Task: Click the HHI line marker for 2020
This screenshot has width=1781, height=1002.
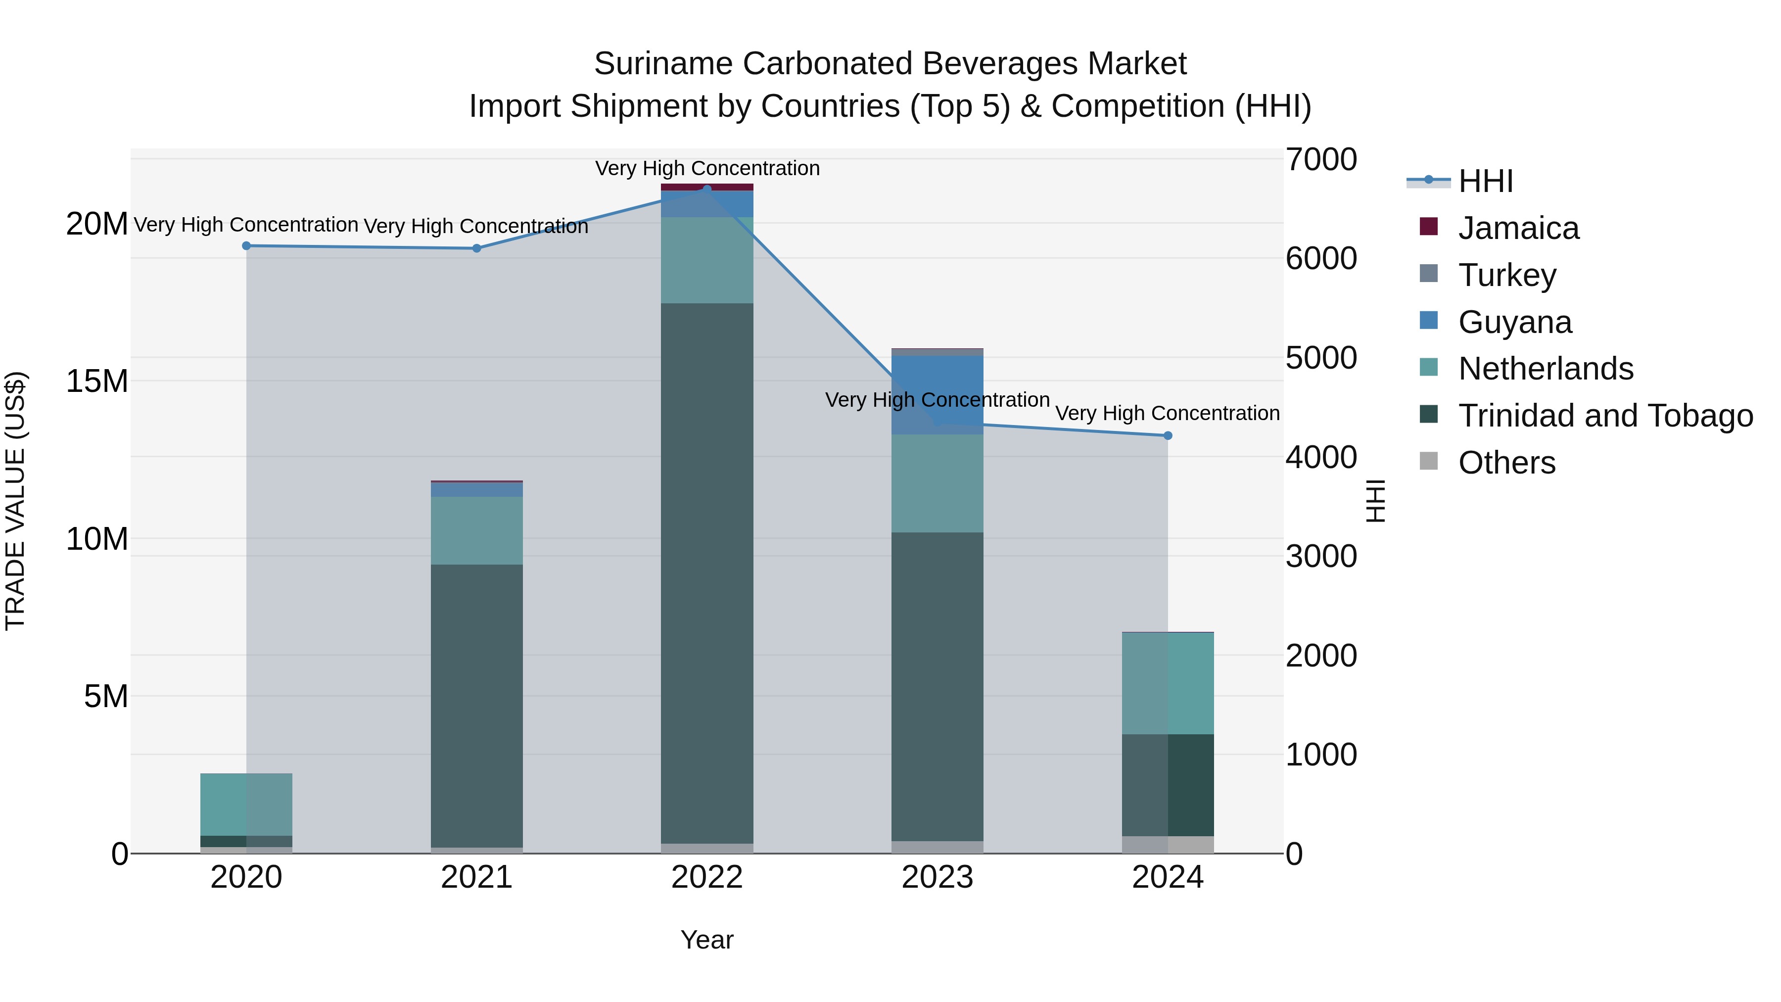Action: tap(246, 245)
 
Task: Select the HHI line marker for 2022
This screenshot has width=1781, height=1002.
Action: tap(706, 189)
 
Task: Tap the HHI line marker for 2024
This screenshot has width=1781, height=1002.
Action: tap(1168, 435)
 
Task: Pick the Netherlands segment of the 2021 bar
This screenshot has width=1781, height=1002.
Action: tap(476, 530)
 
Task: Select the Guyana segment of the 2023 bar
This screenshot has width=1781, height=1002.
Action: tap(937, 395)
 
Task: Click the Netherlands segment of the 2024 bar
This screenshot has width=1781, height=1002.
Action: tap(1168, 683)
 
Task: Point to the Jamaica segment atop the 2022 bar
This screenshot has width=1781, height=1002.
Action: tap(706, 187)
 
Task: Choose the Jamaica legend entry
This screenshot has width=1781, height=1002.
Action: tap(1518, 228)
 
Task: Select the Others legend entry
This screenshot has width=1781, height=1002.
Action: tap(1506, 463)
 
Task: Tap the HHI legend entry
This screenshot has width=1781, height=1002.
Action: tap(1485, 181)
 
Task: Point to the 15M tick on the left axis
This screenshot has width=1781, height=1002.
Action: tap(97, 381)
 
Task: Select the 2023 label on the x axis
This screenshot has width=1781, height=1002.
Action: tap(937, 877)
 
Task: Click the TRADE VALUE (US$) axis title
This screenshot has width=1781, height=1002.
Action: tap(15, 501)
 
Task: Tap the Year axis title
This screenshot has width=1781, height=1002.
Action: tap(706, 940)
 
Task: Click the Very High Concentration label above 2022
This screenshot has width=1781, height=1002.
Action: tap(706, 168)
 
